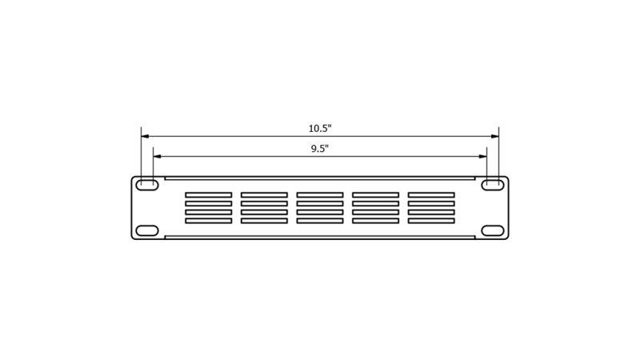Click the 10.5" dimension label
coord(320,129)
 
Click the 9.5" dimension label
coord(320,149)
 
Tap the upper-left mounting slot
coord(147,185)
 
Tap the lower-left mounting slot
coord(147,230)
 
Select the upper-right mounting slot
coord(493,185)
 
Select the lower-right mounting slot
coord(493,230)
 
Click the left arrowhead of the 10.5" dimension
coord(145,136)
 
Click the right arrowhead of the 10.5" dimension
coord(495,136)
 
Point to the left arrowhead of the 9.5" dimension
coord(157,156)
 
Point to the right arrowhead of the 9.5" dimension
coord(483,156)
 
